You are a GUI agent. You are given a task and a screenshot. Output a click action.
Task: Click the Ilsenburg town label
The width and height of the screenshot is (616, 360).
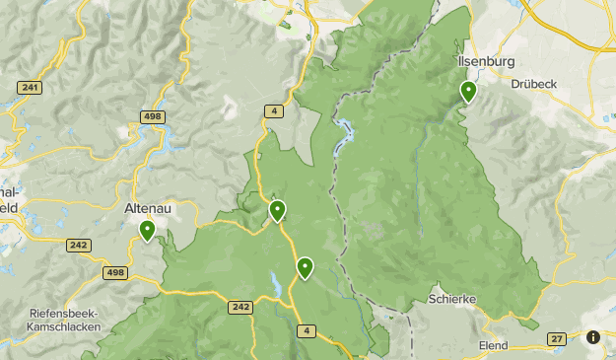(487, 61)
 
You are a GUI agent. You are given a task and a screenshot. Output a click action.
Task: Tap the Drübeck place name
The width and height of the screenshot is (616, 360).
(534, 84)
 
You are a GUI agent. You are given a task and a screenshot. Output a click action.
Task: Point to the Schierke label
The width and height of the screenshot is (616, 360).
(452, 297)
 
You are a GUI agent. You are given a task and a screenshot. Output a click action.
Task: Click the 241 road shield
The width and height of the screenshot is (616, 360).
(30, 89)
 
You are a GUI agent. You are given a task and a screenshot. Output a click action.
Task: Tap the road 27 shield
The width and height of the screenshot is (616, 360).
(557, 339)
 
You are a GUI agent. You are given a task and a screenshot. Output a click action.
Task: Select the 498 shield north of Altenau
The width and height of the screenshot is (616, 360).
(152, 117)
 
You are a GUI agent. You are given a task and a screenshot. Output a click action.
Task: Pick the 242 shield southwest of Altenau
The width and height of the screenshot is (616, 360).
(79, 245)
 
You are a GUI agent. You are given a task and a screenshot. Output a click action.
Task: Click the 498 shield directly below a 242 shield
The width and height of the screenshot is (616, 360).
(115, 272)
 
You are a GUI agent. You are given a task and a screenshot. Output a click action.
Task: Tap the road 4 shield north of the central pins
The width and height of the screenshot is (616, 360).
(273, 111)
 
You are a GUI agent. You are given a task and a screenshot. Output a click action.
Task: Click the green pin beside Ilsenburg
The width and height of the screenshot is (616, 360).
(468, 92)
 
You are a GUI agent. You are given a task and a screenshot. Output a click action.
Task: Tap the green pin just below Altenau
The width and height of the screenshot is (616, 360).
(147, 231)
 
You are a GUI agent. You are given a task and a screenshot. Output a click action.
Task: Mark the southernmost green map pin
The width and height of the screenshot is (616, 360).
(306, 266)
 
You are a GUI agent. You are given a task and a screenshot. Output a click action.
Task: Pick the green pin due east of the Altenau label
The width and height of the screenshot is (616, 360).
(278, 209)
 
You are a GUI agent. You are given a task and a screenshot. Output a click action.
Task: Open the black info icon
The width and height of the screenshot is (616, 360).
(593, 337)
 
